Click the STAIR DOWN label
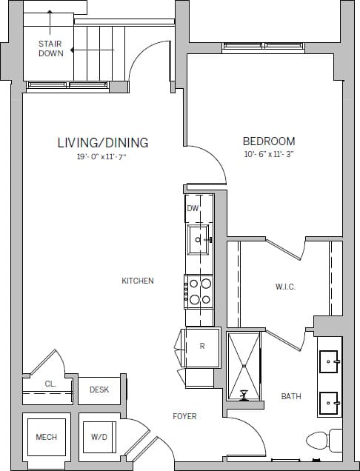(x=50, y=48)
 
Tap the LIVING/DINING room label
(x=103, y=143)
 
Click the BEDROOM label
(x=269, y=141)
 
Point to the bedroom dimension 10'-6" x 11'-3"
(x=270, y=155)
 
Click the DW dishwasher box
(x=193, y=208)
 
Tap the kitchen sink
(x=198, y=238)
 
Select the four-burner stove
(x=199, y=291)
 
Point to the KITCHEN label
(x=138, y=281)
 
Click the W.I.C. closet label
(x=285, y=287)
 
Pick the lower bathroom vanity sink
(x=329, y=404)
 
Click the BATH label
(x=291, y=396)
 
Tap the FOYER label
(x=185, y=416)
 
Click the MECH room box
(x=46, y=437)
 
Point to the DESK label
(x=99, y=390)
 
